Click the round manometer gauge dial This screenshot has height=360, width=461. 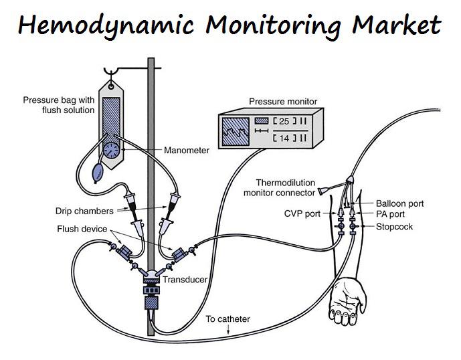tap(112, 151)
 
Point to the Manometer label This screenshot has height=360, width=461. tap(187, 151)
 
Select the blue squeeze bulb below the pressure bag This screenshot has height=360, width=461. tap(98, 173)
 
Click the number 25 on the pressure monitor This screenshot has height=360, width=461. tap(284, 121)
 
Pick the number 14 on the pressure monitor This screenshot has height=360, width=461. tap(284, 138)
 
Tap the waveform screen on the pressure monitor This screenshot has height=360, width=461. tap(236, 131)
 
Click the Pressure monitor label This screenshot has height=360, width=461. tap(283, 102)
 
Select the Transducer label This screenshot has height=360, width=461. tap(185, 280)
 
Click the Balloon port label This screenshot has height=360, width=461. tap(400, 203)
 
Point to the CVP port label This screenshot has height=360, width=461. tap(302, 213)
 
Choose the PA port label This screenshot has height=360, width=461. tap(390, 214)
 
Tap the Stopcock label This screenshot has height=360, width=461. tap(394, 227)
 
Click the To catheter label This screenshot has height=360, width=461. tap(228, 319)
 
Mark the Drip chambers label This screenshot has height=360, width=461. tap(84, 211)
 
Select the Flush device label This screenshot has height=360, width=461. tap(82, 229)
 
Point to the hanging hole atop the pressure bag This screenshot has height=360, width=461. tap(111, 87)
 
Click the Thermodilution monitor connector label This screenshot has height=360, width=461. tap(279, 188)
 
